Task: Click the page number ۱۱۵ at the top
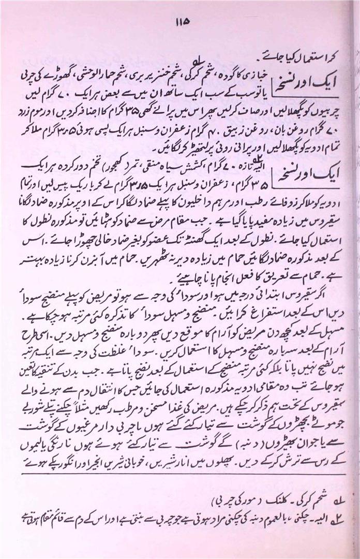pyautogui.click(x=181, y=22)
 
